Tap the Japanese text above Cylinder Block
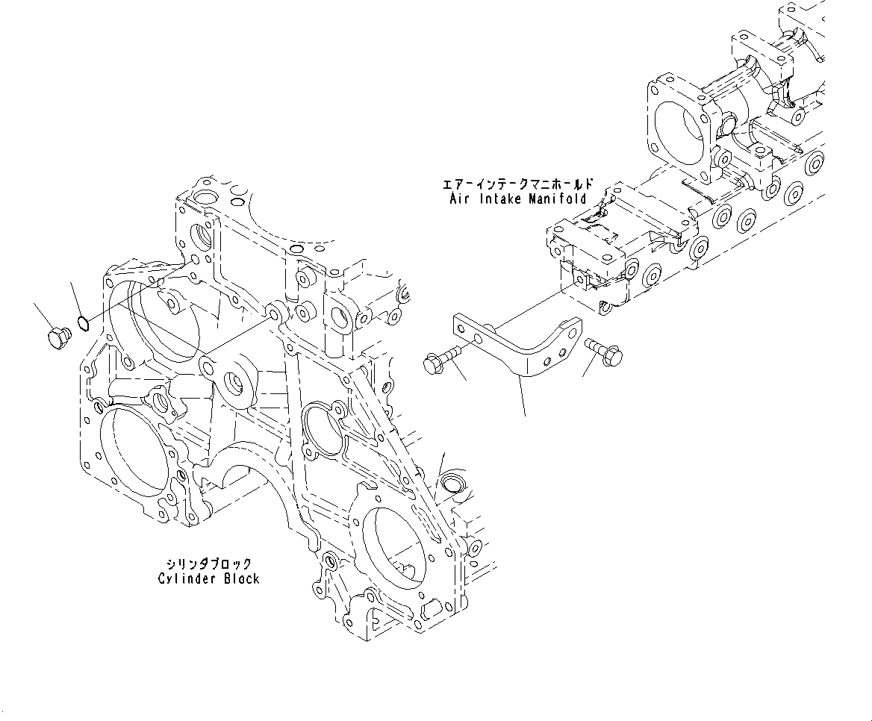tap(209, 564)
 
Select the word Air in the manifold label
tap(459, 199)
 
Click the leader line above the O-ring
tap(75, 299)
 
